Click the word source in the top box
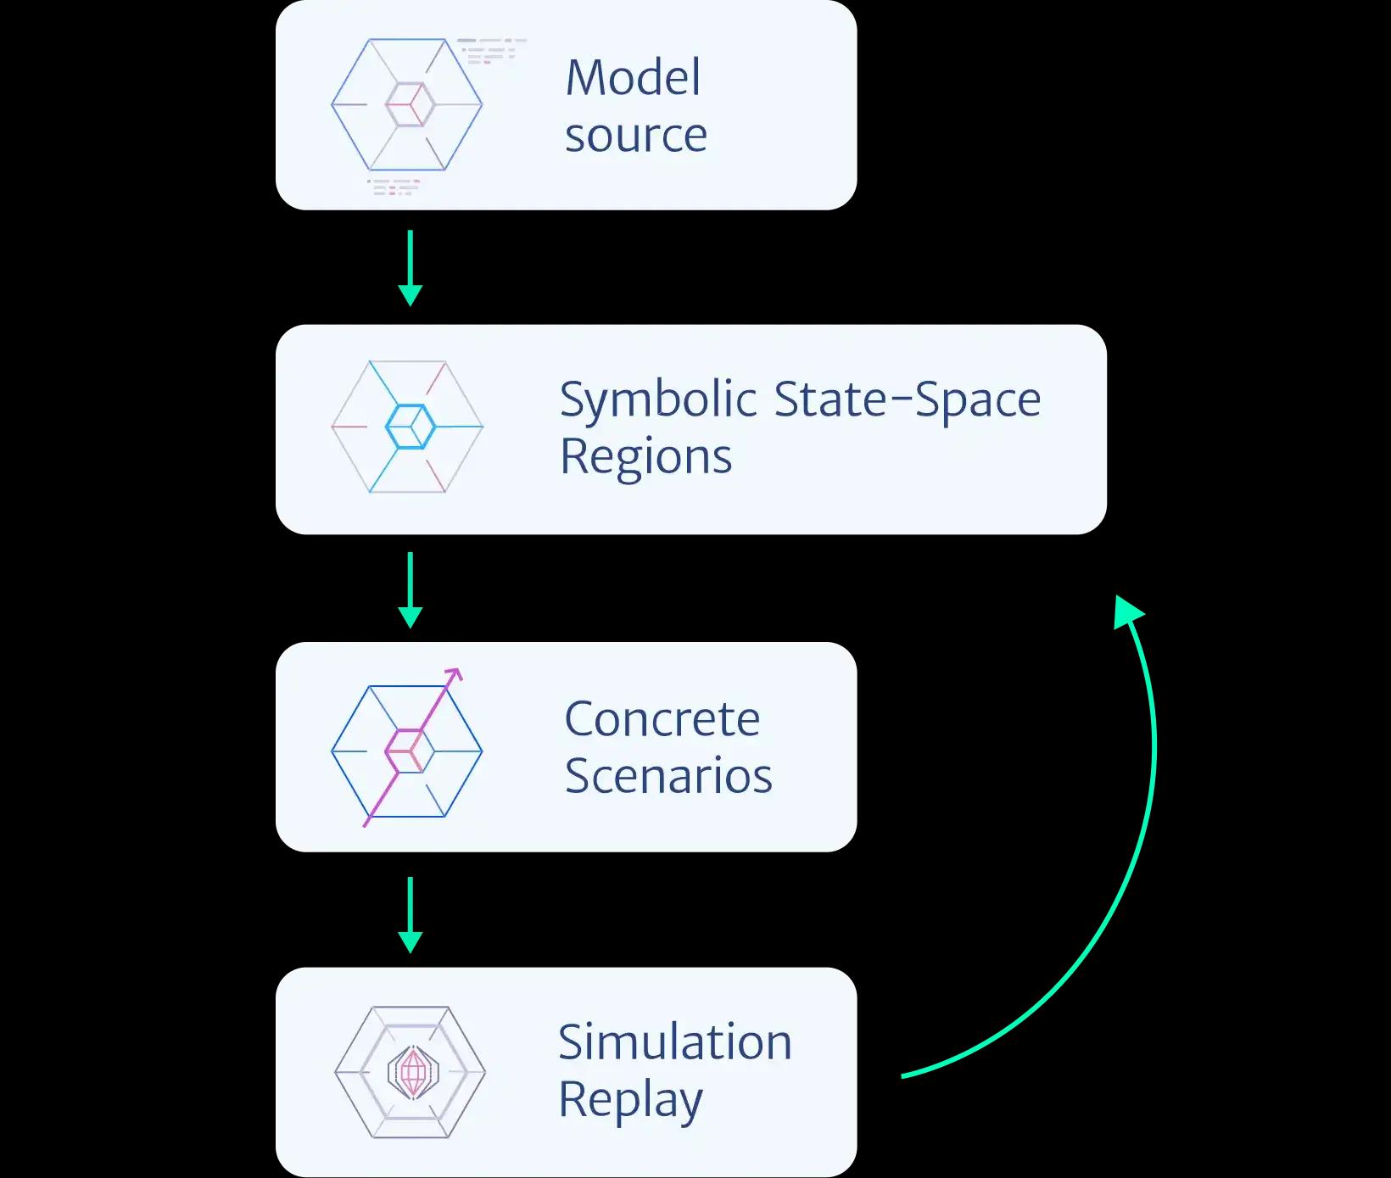636,136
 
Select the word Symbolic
658,399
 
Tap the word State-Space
907,399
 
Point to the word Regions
645,456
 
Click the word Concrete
662,719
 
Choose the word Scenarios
668,776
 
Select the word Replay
630,1100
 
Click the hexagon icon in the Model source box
407,104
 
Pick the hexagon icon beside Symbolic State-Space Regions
407,427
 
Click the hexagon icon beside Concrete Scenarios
407,751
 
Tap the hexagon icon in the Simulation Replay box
411,1072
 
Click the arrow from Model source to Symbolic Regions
411,267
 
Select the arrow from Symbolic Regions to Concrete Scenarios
411,589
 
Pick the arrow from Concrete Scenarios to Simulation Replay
411,914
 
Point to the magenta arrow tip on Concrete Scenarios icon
456,674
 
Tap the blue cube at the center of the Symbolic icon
411,427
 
